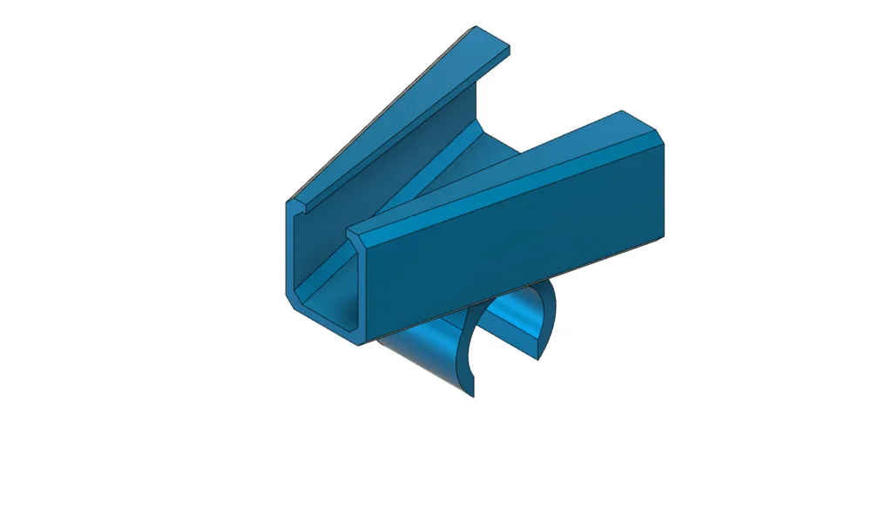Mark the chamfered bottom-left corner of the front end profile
point(292,300)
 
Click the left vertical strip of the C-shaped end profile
point(290,253)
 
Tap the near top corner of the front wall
point(352,234)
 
